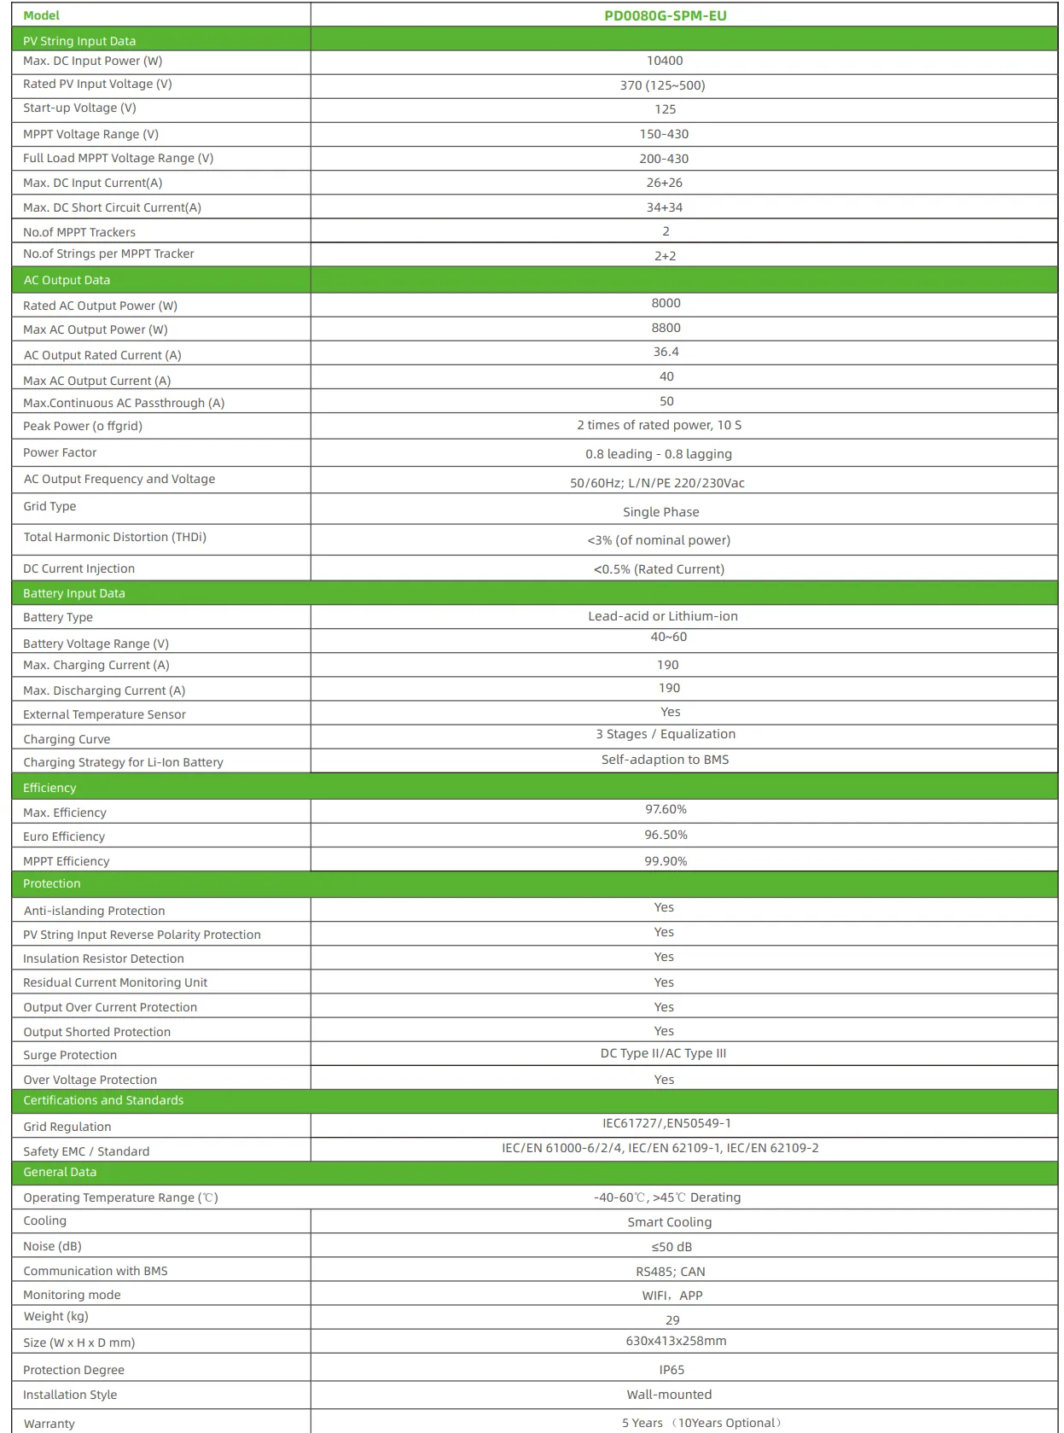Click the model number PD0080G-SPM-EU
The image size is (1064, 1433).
(665, 15)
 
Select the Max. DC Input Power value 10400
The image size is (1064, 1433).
(665, 61)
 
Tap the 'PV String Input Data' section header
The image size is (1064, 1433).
(79, 41)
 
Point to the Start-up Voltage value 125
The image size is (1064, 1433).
(665, 109)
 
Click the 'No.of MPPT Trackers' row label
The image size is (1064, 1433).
(79, 232)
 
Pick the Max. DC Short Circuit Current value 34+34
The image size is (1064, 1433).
(665, 207)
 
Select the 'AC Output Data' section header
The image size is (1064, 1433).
(67, 280)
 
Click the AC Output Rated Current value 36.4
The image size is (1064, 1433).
(666, 352)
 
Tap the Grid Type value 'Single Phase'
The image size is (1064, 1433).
(661, 512)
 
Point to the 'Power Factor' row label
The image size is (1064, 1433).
(60, 452)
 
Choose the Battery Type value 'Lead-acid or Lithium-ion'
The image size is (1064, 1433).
(663, 616)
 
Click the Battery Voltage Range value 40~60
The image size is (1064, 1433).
(668, 637)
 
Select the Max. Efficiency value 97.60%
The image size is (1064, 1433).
(666, 809)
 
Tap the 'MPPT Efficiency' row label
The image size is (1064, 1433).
(67, 861)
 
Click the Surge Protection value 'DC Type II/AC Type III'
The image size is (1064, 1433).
(663, 1053)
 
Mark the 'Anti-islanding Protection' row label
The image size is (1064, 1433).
(94, 911)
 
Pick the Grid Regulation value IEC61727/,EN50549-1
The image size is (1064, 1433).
(666, 1123)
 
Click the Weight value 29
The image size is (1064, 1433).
(672, 1320)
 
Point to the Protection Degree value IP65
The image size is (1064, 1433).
(672, 1370)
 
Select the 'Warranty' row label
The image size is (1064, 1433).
(49, 1424)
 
